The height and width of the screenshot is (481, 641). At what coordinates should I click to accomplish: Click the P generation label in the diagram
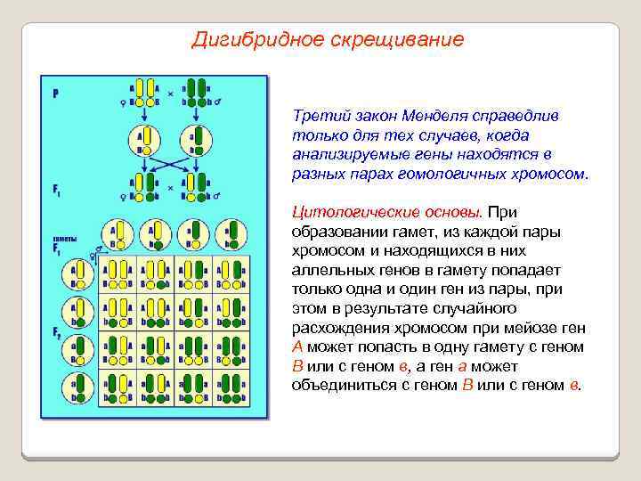(56, 92)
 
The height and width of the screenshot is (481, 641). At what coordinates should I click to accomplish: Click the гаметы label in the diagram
(63, 241)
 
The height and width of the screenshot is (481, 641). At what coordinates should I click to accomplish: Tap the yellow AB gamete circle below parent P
(145, 138)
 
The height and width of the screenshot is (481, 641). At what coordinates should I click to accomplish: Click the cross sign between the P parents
(171, 91)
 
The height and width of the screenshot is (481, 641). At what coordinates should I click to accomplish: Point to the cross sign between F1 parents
(171, 189)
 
